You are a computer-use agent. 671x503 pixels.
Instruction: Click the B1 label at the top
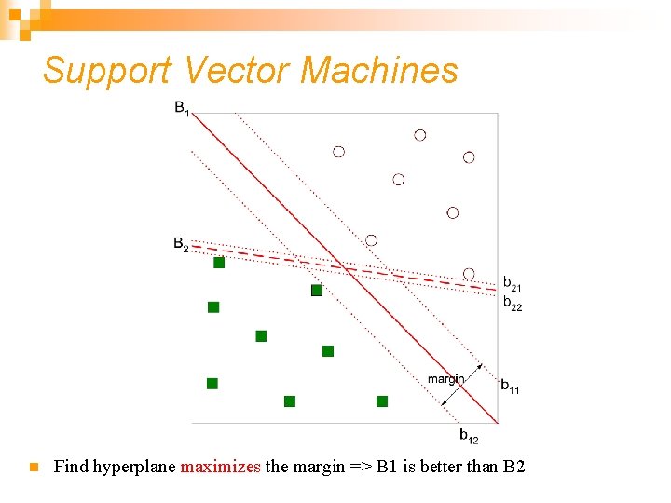point(182,108)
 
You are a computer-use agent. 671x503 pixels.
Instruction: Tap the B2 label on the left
point(181,244)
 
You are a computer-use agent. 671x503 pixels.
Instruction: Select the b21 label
point(513,283)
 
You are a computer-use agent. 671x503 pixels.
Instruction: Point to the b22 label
point(513,304)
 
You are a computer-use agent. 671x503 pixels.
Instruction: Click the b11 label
point(510,385)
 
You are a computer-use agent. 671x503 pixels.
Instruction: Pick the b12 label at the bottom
point(469,435)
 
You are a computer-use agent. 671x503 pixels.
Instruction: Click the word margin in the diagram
point(445,379)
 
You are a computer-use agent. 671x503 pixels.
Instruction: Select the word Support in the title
point(107,70)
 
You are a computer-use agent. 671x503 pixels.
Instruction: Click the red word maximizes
point(221,466)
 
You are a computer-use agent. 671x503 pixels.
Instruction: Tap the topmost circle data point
point(420,135)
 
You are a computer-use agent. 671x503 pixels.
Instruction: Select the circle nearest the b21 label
point(469,274)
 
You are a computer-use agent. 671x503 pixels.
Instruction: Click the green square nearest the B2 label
point(219,263)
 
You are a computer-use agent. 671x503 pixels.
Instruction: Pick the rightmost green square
point(381,401)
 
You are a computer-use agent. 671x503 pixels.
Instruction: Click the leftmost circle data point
point(338,151)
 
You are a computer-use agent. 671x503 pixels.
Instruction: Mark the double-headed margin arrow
point(460,384)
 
